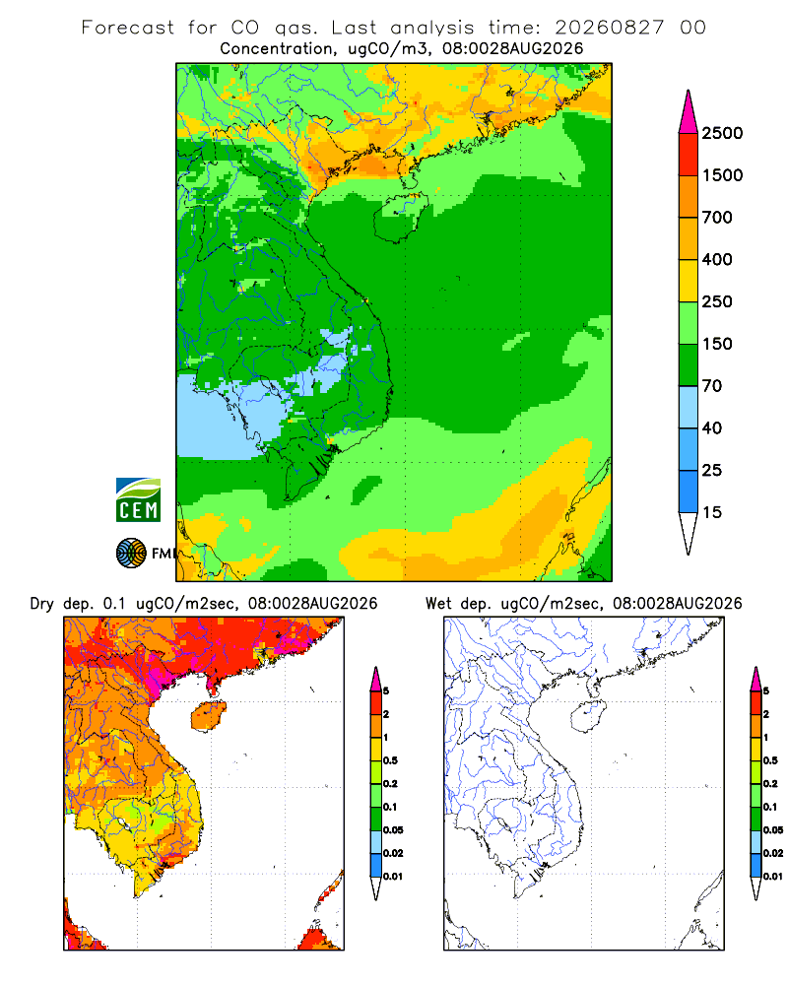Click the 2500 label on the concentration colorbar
coord(722,133)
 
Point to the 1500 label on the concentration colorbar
coord(722,175)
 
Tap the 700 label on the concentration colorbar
coord(717,218)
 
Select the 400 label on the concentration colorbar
coord(717,259)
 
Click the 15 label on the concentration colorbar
coord(712,512)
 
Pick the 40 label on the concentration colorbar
coord(712,428)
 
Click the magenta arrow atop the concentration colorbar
coord(689,113)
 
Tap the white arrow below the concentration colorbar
coord(689,533)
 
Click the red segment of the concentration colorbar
coord(689,155)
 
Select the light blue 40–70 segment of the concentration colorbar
coord(689,407)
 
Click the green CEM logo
coord(138,500)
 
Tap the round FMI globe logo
coord(131,554)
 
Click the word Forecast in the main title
coord(128,28)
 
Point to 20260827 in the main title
coord(609,28)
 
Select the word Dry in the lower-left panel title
coord(42,605)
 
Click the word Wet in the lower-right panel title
coord(438,604)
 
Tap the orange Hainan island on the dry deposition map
coord(208,717)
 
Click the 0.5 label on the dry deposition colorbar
coord(390,760)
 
